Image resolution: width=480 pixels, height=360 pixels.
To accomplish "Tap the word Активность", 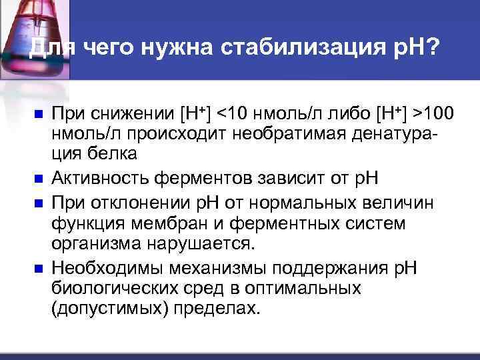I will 97,178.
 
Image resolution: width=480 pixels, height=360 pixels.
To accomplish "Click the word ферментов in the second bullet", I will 190,178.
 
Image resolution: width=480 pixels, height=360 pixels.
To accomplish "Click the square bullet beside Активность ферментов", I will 38,178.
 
